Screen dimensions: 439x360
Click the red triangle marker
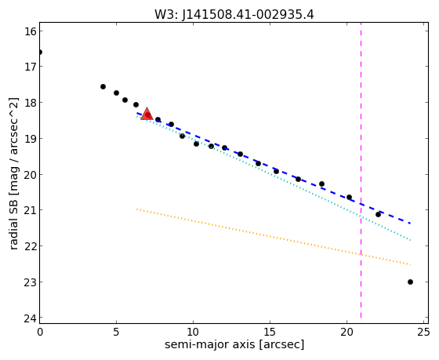(x=147, y=114)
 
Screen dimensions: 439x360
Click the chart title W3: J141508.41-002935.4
(x=234, y=14)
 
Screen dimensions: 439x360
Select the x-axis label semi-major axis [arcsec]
(x=234, y=344)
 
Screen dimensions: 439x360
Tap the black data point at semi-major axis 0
(x=40, y=52)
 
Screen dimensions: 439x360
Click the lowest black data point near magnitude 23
(x=410, y=282)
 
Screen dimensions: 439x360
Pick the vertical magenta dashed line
(x=361, y=170)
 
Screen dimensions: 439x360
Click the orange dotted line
(x=274, y=237)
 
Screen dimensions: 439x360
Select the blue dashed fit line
(x=274, y=168)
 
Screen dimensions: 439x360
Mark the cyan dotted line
(x=274, y=178)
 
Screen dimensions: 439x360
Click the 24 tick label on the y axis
(x=31, y=318)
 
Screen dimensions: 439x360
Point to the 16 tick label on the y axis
(x=31, y=31)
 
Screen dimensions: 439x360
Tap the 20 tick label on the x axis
(x=346, y=332)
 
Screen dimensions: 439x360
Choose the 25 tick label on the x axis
(x=423, y=332)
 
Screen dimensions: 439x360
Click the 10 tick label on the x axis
(x=193, y=332)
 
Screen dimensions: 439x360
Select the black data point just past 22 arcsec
(x=378, y=214)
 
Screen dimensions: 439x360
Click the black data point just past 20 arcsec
(x=349, y=197)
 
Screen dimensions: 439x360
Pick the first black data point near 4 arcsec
(x=103, y=86)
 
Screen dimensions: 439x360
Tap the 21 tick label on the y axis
(x=31, y=210)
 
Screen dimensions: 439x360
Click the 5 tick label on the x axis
(x=116, y=332)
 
